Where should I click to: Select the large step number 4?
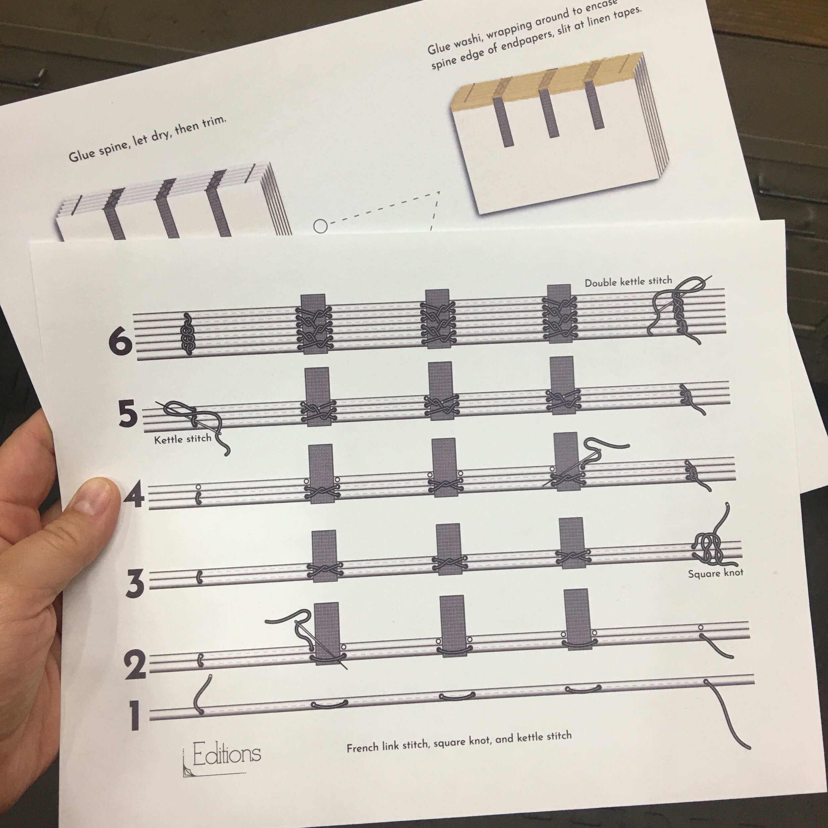click(x=134, y=497)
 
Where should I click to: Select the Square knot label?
click(x=715, y=573)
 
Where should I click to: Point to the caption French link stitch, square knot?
click(x=459, y=742)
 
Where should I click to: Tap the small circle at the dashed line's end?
click(x=320, y=226)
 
